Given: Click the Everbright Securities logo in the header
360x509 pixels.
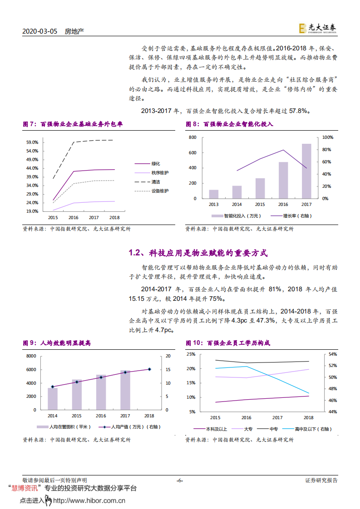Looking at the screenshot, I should pyautogui.click(x=317, y=28).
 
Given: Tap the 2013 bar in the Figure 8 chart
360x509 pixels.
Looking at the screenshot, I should pyautogui.click(x=213, y=194).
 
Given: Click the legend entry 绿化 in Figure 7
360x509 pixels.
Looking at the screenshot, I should pyautogui.click(x=156, y=164).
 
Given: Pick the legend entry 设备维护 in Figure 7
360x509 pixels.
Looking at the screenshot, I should pyautogui.click(x=159, y=191).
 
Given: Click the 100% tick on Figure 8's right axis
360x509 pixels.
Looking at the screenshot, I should pyautogui.click(x=327, y=137).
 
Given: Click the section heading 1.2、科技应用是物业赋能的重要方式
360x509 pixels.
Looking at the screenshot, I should pyautogui.click(x=198, y=253).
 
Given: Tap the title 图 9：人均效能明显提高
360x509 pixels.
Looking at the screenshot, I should pyautogui.click(x=57, y=343).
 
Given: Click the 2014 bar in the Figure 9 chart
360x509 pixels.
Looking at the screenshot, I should pyautogui.click(x=53, y=398).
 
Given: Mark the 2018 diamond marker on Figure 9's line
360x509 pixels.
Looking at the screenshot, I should pyautogui.click(x=149, y=369).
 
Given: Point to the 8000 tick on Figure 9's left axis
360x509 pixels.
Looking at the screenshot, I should pyautogui.click(x=31, y=356).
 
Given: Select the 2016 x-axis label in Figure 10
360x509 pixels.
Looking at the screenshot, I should pyautogui.click(x=246, y=417).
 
